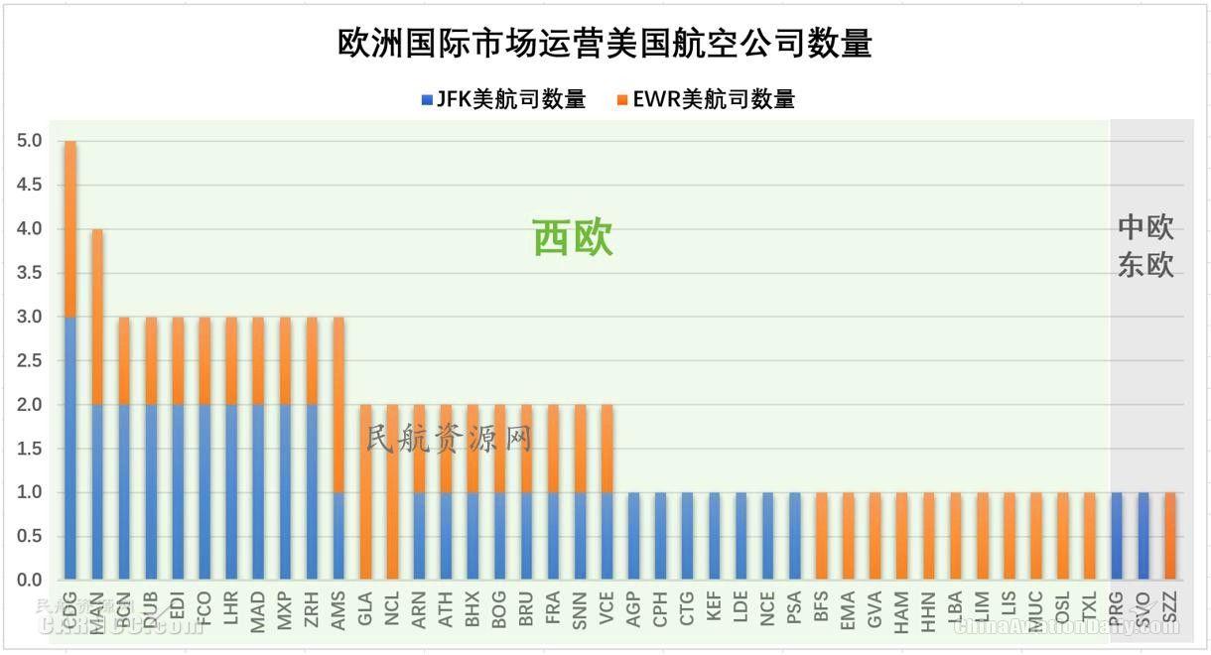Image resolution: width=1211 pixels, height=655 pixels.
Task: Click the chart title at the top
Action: point(605,43)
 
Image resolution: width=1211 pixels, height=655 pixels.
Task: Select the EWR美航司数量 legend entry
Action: point(705,99)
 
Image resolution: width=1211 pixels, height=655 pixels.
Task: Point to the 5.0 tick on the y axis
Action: point(29,142)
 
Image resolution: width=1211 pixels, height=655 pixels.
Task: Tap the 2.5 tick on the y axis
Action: point(29,361)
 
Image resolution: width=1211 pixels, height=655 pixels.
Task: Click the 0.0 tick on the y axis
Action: point(29,581)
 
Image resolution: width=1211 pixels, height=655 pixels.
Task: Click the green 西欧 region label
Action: point(573,238)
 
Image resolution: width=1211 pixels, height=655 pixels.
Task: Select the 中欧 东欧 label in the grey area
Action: point(1145,246)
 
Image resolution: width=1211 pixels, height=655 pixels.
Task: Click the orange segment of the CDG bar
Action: point(70,228)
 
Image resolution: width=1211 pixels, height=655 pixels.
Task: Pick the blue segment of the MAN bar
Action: point(97,491)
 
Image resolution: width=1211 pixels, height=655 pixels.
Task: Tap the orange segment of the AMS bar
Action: point(338,404)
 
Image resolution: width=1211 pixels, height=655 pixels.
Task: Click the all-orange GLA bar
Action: point(365,491)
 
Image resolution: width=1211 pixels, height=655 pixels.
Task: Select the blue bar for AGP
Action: point(633,536)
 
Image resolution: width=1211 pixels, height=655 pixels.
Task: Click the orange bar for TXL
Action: point(1089,536)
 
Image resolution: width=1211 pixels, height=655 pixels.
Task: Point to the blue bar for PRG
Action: point(1116,536)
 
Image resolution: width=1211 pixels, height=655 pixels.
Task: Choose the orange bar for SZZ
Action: point(1169,536)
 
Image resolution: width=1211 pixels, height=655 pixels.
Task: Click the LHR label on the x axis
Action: point(231,606)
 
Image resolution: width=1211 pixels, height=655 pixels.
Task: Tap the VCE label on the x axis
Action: point(606,606)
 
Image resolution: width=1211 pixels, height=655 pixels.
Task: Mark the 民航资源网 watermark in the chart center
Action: point(449,438)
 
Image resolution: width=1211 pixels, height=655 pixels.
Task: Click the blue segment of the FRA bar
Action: point(553,536)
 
